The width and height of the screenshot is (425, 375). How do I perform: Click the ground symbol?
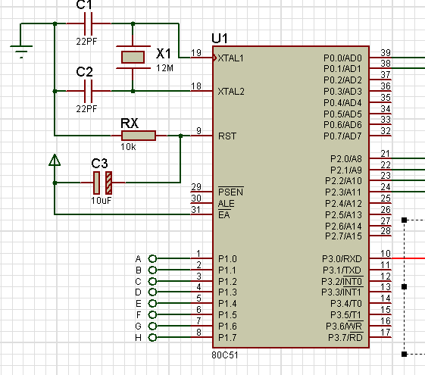[21, 52]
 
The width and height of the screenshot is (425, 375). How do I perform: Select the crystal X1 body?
[133, 57]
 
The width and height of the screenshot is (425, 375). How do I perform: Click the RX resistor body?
[139, 136]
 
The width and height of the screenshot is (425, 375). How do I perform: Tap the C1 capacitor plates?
[89, 23]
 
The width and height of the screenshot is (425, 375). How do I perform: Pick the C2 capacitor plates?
[89, 91]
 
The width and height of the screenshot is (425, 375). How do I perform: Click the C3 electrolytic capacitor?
[102, 183]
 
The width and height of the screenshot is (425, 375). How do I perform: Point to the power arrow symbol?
[55, 160]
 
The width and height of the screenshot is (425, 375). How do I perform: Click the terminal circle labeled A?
[152, 259]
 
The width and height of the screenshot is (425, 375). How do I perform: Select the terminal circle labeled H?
[152, 338]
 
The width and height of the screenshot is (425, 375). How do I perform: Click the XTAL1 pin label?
[230, 58]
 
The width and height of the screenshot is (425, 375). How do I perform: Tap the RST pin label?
[227, 136]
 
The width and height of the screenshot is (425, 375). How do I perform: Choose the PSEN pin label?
[231, 192]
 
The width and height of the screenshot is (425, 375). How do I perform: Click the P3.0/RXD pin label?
[342, 259]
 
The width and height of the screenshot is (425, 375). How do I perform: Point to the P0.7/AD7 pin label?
[342, 136]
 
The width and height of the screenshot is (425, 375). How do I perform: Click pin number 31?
[196, 209]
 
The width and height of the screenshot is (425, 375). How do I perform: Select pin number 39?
[386, 52]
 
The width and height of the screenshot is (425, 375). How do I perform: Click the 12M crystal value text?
[164, 68]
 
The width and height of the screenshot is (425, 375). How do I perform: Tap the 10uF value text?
[101, 201]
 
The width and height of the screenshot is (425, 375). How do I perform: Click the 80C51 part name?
[225, 355]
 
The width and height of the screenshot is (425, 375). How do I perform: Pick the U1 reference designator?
[220, 39]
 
